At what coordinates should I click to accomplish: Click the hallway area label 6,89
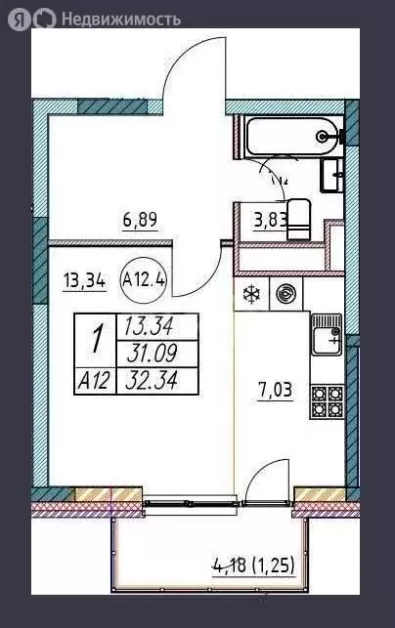[x=140, y=220]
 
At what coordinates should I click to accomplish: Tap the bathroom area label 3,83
[x=271, y=220]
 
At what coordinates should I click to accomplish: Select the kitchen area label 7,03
[x=275, y=391]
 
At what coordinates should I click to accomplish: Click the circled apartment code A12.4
[x=144, y=280]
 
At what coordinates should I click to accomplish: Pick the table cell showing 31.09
[x=156, y=355]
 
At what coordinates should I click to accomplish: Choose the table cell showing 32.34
[x=156, y=381]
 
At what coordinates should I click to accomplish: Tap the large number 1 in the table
[x=95, y=341]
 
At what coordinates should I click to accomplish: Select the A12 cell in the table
[x=95, y=381]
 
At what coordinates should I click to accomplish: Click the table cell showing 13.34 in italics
[x=156, y=327]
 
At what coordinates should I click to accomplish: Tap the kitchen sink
[x=327, y=334]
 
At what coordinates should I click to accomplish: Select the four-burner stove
[x=327, y=401]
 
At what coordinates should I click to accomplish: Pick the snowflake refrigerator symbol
[x=252, y=294]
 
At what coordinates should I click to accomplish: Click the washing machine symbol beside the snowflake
[x=286, y=294]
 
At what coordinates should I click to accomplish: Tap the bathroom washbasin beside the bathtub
[x=331, y=174]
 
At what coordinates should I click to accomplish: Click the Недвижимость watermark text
[x=121, y=19]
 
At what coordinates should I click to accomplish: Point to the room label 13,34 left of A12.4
[x=85, y=280]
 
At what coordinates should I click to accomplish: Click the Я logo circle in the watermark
[x=19, y=19]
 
